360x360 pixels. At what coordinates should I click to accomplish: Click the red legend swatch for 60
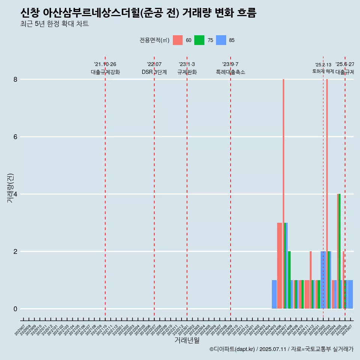178,40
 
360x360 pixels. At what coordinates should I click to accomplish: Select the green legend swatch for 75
199,40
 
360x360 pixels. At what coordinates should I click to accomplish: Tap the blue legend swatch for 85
221,40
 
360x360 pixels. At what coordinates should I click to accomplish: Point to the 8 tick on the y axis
15,79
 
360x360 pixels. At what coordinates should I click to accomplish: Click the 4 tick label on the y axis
15,194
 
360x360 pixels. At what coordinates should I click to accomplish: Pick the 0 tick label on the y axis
15,309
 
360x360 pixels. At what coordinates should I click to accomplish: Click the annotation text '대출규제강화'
105,72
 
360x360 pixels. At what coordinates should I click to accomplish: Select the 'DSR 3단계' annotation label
154,72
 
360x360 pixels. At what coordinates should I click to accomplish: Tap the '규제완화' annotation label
187,72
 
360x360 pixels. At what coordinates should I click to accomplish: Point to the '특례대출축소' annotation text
231,72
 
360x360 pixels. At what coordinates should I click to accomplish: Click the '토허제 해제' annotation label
323,71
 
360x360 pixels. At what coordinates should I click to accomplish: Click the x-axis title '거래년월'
187,340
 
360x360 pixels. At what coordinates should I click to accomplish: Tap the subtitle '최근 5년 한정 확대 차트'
54,24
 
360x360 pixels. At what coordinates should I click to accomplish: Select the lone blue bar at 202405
274,294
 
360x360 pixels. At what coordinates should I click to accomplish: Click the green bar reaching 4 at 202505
339,251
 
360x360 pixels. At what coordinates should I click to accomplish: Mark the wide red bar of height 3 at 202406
279,265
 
